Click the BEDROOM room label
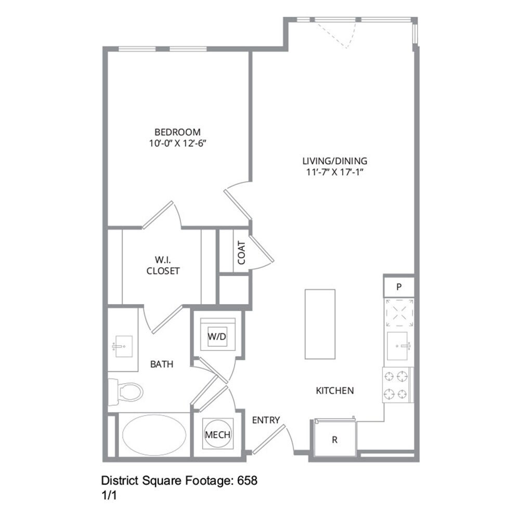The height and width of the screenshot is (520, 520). point(177,132)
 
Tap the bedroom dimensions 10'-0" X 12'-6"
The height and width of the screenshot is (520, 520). point(177,144)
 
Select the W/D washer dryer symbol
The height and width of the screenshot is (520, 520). point(217,336)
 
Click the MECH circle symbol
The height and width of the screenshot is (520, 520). point(217,435)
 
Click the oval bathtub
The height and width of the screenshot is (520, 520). point(154,435)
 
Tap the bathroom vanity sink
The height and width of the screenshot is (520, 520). point(123,346)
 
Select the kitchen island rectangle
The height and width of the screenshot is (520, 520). point(320,323)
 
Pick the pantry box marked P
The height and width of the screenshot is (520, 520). point(399,287)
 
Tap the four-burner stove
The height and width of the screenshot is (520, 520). point(398,385)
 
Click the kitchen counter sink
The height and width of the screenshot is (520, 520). point(399,346)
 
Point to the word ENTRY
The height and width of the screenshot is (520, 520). point(266,420)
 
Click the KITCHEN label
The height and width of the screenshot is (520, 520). point(335,390)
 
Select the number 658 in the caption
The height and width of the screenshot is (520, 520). point(248,480)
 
